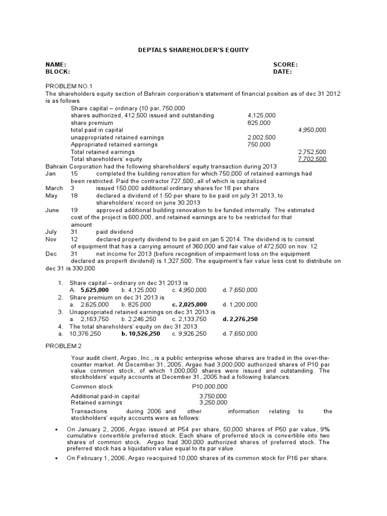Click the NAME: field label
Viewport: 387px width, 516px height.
coord(56,64)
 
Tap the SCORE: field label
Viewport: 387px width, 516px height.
coord(285,64)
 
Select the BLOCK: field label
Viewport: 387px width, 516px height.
coord(57,72)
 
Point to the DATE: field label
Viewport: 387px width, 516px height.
coord(282,72)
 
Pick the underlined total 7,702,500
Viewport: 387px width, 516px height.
coord(312,159)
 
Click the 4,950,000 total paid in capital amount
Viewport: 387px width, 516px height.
coord(312,130)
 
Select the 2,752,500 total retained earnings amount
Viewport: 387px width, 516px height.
coord(312,152)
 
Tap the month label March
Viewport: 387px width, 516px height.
coord(54,188)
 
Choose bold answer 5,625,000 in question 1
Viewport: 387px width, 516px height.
coord(94,290)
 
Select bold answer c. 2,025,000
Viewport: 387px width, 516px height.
coord(189,305)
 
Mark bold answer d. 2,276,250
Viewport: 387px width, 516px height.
coord(240,319)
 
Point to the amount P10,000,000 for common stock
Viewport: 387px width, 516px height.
coord(210,387)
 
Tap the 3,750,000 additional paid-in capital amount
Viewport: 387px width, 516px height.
coord(213,397)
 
